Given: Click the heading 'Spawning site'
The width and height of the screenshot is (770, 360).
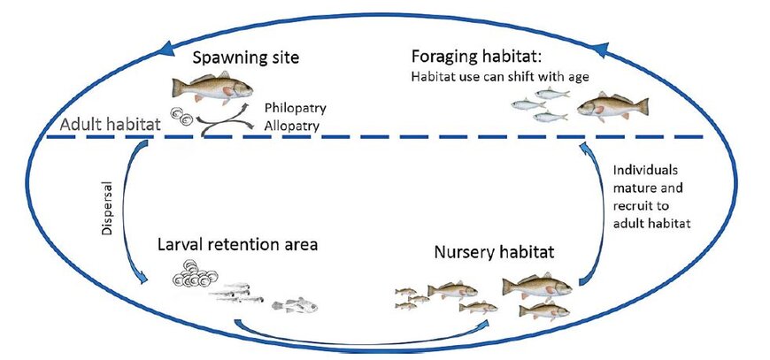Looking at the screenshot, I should click(x=247, y=59).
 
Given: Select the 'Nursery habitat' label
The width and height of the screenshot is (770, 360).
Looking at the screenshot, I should click(x=494, y=251).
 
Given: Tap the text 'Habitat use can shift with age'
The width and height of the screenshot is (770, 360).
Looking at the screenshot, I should click(x=499, y=76).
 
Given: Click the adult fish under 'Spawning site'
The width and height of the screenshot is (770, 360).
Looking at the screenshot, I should click(x=212, y=88).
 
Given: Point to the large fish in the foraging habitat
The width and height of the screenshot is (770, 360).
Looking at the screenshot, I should click(x=609, y=108).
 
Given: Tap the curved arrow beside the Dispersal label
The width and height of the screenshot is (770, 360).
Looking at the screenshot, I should click(x=135, y=212).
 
